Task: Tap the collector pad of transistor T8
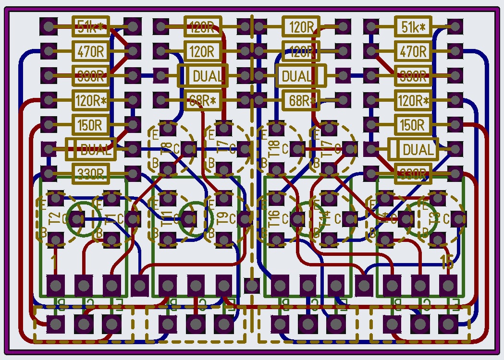click(x=188, y=149)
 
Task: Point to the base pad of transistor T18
click(x=276, y=169)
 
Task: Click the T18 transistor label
click(x=275, y=149)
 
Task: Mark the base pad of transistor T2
click(x=56, y=239)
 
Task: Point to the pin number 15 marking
click(x=447, y=262)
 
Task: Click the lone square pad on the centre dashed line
click(x=251, y=286)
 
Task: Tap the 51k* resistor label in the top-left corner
click(x=90, y=26)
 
